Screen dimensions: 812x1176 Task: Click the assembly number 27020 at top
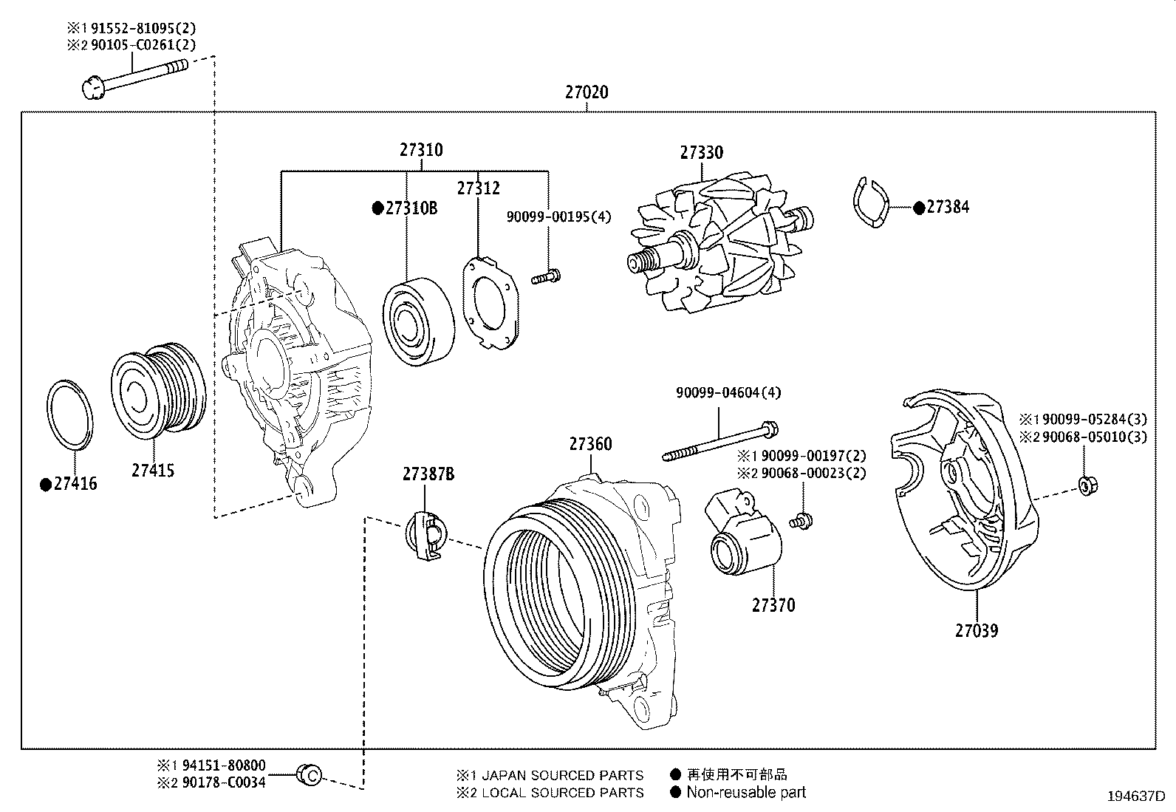(x=587, y=92)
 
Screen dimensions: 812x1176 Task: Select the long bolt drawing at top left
(x=133, y=76)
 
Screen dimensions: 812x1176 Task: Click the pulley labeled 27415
(x=157, y=387)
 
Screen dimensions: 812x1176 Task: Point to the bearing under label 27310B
(x=418, y=321)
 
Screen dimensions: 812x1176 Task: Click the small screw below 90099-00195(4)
(x=547, y=278)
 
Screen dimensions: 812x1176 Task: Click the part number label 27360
(x=590, y=444)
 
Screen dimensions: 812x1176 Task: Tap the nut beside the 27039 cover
(x=1087, y=485)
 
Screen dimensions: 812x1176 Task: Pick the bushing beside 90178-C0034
(x=309, y=774)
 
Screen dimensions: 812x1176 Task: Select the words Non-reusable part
(x=745, y=792)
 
